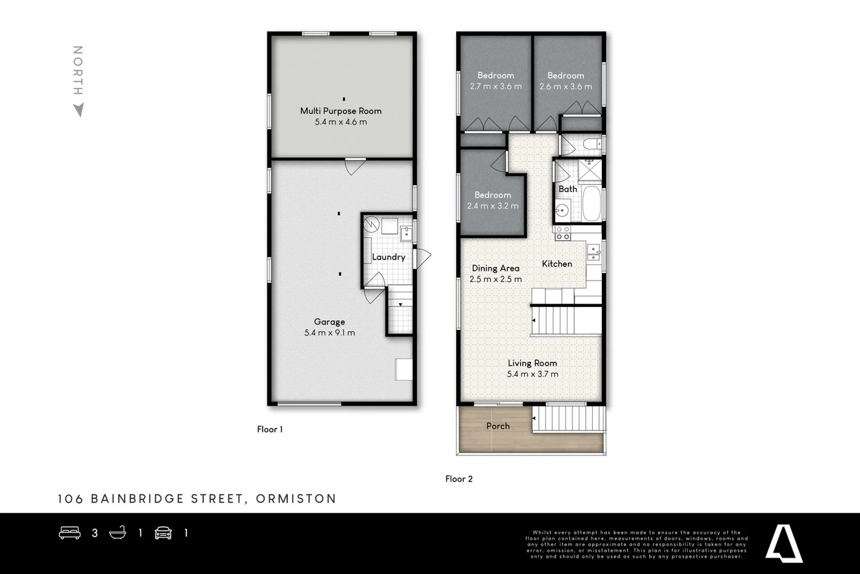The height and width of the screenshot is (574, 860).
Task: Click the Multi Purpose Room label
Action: [x=340, y=111]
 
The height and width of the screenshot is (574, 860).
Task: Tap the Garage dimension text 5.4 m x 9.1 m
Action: [x=329, y=333]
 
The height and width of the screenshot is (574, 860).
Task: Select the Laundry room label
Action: [x=388, y=257]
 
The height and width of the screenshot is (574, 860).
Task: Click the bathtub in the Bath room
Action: [x=591, y=204]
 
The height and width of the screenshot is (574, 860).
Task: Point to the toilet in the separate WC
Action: [x=589, y=144]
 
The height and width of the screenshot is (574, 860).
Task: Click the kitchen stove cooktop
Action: [x=563, y=233]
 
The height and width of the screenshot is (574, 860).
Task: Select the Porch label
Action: [x=498, y=426]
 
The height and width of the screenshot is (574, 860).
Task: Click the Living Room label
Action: [x=532, y=364]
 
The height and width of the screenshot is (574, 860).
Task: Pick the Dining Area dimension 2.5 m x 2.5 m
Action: [x=496, y=280]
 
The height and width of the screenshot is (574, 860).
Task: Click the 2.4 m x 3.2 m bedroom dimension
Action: [x=492, y=206]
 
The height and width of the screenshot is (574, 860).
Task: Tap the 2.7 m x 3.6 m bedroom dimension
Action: [x=496, y=87]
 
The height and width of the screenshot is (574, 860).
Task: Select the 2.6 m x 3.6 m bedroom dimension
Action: [x=566, y=87]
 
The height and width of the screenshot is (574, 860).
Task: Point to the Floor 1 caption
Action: [x=270, y=429]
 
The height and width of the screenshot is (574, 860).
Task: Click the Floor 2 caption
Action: [x=459, y=479]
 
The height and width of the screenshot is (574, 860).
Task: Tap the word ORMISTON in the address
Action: [x=296, y=499]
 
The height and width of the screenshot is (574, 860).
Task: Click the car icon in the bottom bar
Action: [x=163, y=533]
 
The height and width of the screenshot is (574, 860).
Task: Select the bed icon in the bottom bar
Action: [x=70, y=533]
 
